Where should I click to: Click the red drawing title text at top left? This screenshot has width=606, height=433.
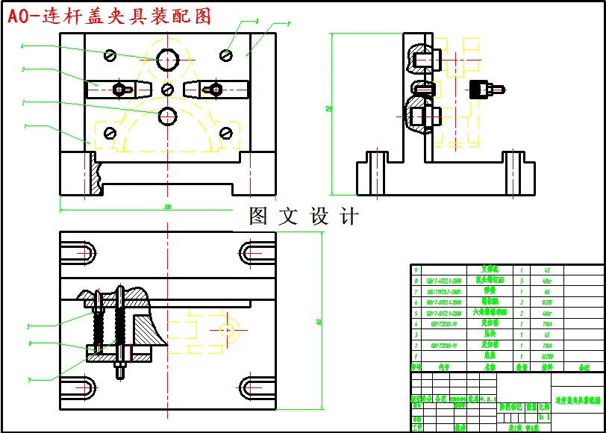point(109,16)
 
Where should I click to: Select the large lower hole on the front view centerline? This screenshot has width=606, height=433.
point(167,116)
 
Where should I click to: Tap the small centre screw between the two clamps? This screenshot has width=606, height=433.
point(167,89)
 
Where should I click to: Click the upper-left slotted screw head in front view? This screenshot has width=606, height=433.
point(111,54)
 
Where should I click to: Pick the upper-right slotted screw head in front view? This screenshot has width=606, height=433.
point(225,54)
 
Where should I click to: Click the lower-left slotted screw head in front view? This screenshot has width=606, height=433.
point(110,133)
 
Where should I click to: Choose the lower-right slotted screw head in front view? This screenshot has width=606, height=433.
point(225,133)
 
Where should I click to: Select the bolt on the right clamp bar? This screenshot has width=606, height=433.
point(216,89)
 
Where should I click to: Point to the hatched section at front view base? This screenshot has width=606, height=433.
point(94,174)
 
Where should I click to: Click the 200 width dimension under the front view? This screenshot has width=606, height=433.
point(167,206)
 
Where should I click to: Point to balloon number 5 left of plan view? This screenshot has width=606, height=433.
point(28,326)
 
